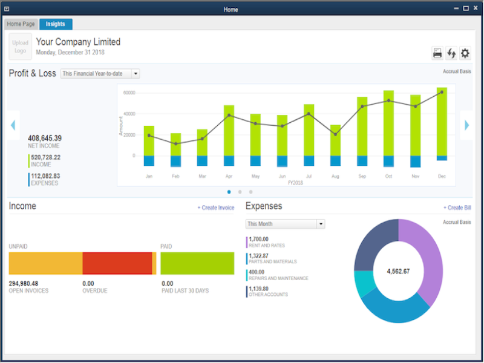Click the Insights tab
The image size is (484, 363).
tap(56, 24)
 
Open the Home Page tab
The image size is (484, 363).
tap(21, 24)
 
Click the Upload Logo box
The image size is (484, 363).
tap(20, 47)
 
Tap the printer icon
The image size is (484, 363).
tap(437, 53)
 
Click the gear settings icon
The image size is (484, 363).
tap(465, 53)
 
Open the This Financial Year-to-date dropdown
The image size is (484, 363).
tap(100, 73)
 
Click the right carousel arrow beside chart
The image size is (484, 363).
tap(466, 125)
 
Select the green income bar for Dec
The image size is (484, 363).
tap(442, 121)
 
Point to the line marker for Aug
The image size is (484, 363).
tap(335, 134)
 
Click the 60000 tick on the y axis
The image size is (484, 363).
tap(128, 93)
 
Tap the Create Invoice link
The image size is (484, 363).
tap(215, 208)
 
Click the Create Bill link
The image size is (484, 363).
tap(457, 208)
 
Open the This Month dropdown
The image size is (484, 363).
tap(286, 224)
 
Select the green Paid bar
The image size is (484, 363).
tap(197, 264)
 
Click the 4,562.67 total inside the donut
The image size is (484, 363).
tap(398, 271)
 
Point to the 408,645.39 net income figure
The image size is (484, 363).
tap(44, 138)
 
